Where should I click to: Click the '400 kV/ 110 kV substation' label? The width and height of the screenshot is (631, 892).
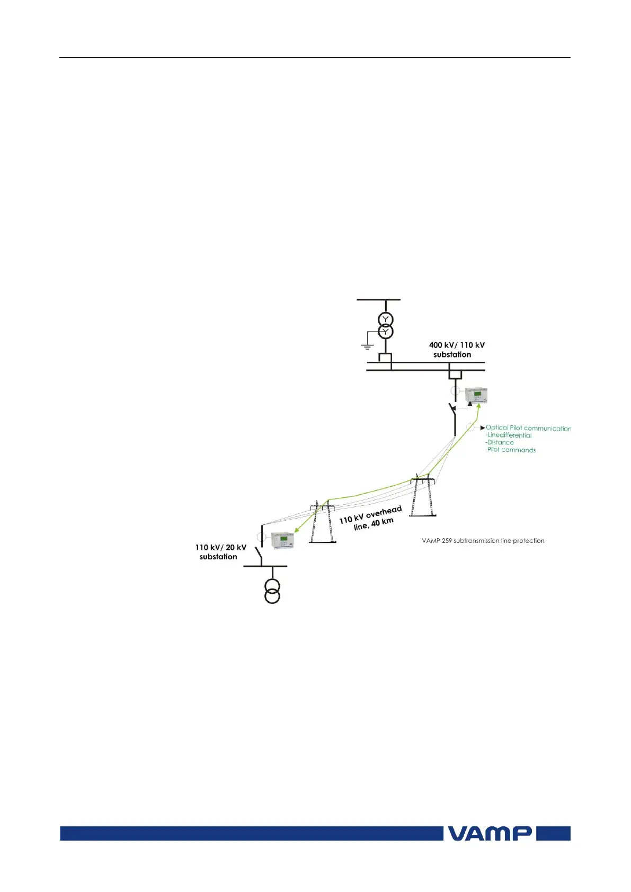coord(456,350)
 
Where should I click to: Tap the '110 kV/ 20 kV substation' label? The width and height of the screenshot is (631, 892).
coord(220,552)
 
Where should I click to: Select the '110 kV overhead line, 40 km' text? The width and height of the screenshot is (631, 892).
coord(371,518)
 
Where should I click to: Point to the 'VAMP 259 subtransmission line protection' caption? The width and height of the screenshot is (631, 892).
coord(483,541)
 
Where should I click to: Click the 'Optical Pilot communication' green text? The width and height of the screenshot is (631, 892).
coord(528,428)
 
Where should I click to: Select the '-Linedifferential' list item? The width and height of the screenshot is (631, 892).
coord(509,435)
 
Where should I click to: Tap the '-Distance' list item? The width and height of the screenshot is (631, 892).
coord(500,443)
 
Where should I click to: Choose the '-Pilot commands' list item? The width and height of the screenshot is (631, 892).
coord(511,450)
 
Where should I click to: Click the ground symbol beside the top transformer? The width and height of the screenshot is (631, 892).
coord(367,346)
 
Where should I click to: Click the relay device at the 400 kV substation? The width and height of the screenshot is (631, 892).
coord(475,396)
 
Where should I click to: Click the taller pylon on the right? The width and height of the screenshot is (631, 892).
coord(422,495)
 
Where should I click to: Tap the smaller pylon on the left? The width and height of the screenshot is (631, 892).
coord(322,522)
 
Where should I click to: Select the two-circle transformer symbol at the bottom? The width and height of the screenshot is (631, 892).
coord(272,591)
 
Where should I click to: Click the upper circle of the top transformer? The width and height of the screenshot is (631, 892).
coord(386,319)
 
